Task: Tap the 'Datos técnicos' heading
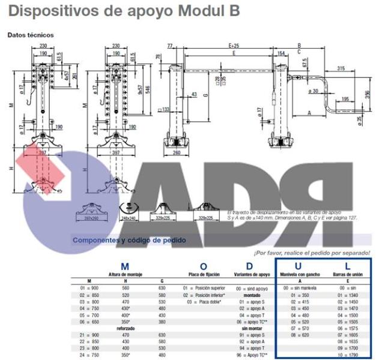pyautogui.click(x=31, y=35)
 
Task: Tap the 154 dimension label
pyautogui.click(x=281, y=53)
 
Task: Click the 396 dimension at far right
pyautogui.click(x=367, y=96)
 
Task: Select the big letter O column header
pyautogui.click(x=203, y=266)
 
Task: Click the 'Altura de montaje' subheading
pyautogui.click(x=125, y=274)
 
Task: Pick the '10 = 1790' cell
pyautogui.click(x=348, y=354)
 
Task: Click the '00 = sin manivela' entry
pyautogui.click(x=299, y=288)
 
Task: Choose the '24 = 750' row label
pyautogui.click(x=89, y=355)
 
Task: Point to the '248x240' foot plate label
pyautogui.click(x=129, y=218)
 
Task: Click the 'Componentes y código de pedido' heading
pyautogui.click(x=129, y=241)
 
